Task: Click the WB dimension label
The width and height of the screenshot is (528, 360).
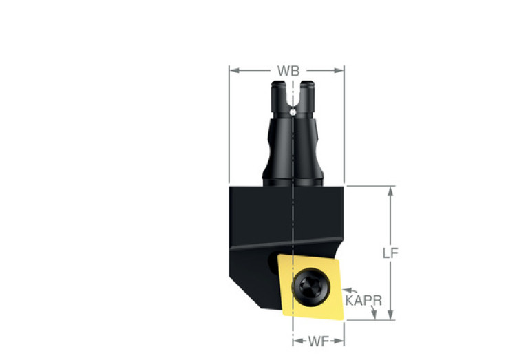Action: [287, 70]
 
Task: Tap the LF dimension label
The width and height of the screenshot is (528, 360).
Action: [390, 253]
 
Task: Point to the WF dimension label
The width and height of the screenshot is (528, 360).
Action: [319, 340]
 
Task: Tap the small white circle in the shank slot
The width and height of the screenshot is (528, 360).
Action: [293, 112]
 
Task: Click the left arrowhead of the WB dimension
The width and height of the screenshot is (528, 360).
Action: [233, 70]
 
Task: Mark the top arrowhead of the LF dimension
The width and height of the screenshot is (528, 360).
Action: [390, 191]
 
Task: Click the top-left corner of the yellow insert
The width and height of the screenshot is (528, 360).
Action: [279, 258]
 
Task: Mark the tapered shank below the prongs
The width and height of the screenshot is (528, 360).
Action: [293, 148]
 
